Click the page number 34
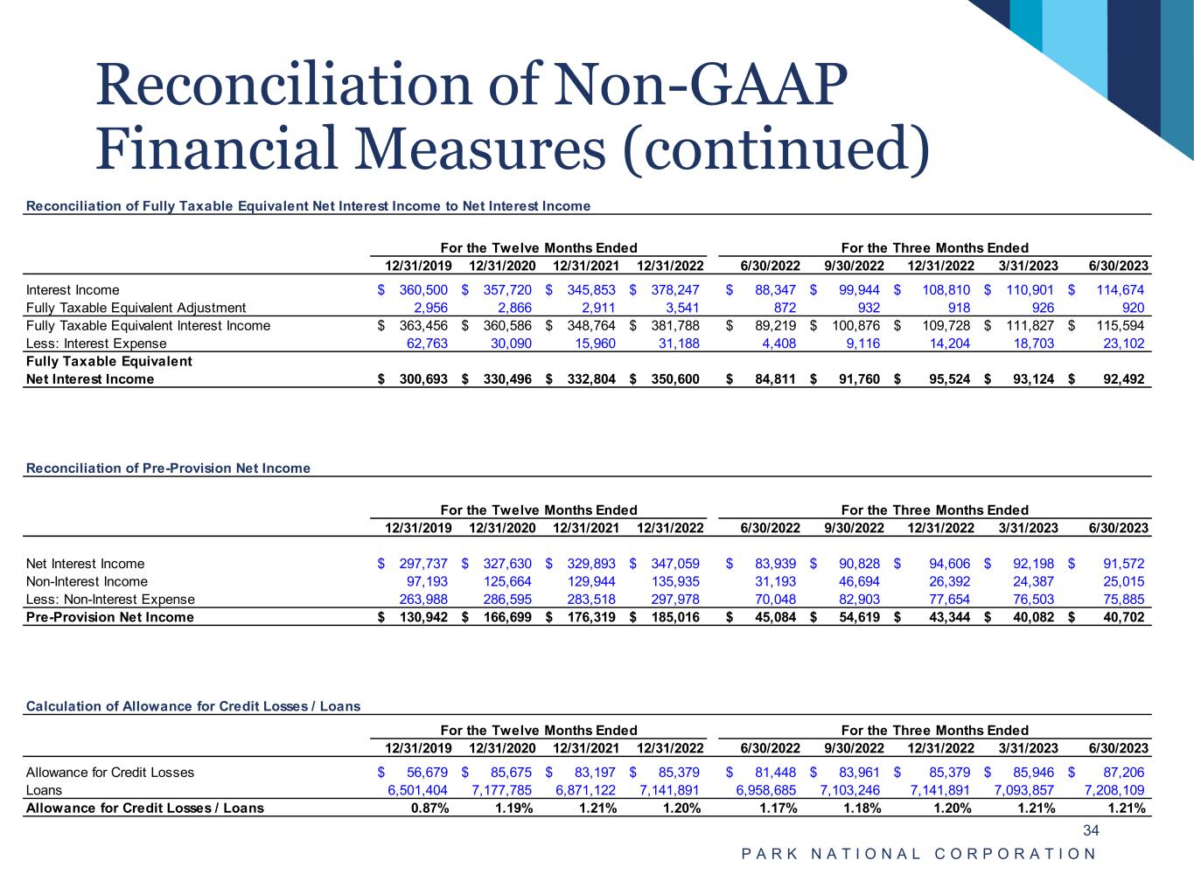1091,830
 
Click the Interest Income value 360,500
423,290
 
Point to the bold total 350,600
674,379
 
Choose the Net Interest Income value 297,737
423,564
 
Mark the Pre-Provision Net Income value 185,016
674,617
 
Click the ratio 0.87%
429,808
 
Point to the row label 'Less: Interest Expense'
92,343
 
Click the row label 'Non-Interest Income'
87,581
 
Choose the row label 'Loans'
45,790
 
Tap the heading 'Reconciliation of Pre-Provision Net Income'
169,468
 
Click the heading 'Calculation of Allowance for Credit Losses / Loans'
193,706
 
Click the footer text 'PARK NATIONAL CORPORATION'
918,854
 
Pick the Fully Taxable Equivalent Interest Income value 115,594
1122,326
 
